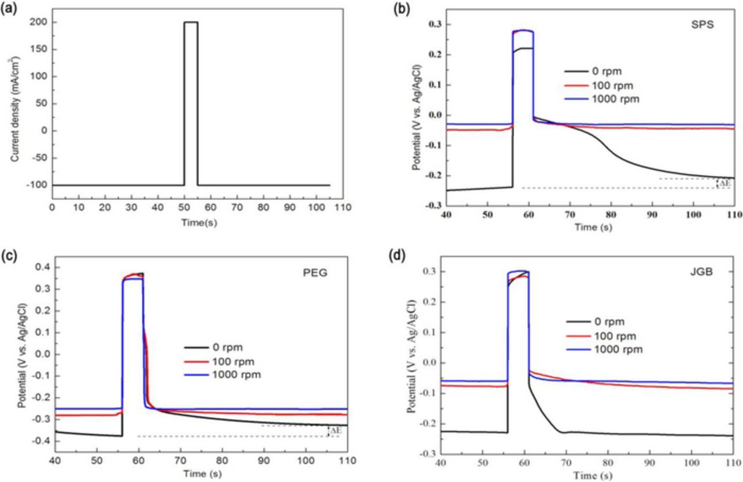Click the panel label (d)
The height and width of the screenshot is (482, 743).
coord(396,255)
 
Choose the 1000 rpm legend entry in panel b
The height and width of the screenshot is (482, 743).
coord(601,99)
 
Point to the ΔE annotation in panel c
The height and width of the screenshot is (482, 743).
coord(334,430)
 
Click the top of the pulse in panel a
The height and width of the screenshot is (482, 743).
coord(190,22)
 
